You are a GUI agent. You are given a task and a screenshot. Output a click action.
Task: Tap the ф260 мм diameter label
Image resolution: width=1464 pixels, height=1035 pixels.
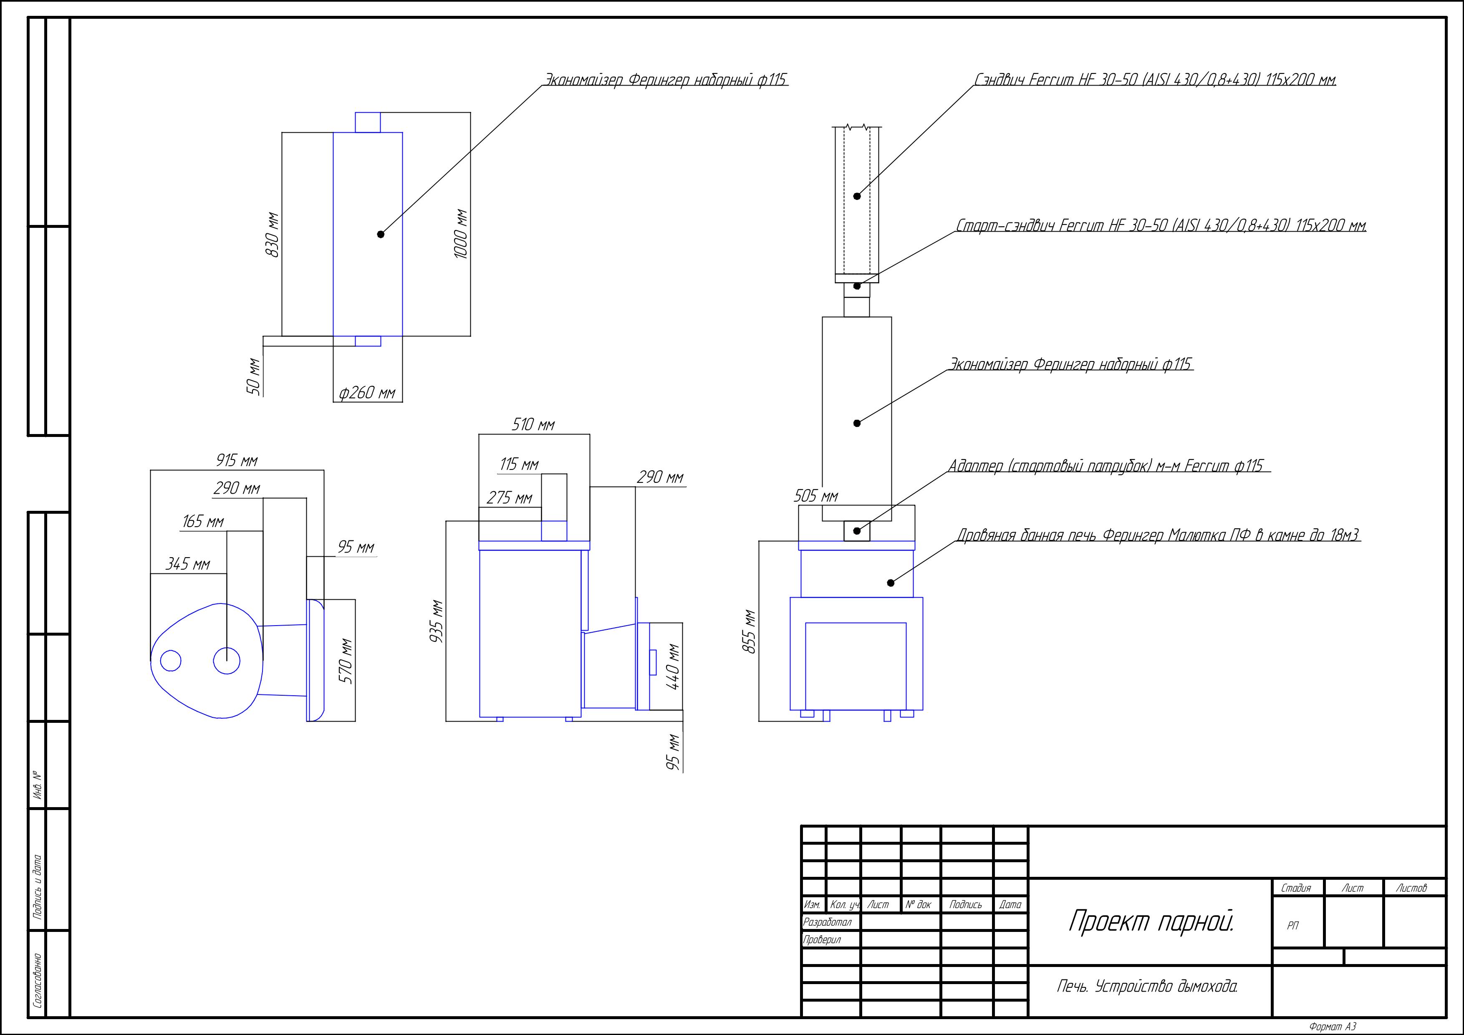[x=367, y=392]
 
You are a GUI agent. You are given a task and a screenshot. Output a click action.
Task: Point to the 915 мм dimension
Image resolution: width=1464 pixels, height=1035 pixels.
[x=237, y=460]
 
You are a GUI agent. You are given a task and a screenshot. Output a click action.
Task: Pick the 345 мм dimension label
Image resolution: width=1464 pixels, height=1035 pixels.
[x=187, y=564]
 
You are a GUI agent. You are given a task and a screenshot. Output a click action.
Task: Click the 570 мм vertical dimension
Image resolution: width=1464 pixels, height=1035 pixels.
[x=345, y=661]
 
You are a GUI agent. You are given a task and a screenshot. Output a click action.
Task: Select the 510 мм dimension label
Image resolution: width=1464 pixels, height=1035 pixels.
[x=533, y=424]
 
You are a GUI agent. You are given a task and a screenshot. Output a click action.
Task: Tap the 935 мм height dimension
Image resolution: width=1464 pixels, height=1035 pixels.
[x=437, y=621]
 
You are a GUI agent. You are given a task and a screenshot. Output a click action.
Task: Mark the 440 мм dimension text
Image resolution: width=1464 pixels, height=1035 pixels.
[x=673, y=666]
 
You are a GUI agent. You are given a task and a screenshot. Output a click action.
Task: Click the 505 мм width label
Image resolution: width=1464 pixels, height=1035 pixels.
[x=815, y=495]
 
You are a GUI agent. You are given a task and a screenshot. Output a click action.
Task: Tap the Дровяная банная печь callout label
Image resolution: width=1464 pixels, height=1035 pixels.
[x=1158, y=535]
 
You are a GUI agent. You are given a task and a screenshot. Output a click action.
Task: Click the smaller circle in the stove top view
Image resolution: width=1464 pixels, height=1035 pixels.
[x=171, y=661]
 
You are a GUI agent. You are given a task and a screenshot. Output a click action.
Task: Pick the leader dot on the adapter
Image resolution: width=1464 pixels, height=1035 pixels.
[x=857, y=530]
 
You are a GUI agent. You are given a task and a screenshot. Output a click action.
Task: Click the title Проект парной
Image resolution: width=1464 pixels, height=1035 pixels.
[x=1151, y=921]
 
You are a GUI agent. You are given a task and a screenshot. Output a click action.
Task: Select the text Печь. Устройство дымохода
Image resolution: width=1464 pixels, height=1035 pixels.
[x=1147, y=987]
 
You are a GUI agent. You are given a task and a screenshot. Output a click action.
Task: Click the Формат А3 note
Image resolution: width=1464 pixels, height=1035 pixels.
[x=1333, y=1027]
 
